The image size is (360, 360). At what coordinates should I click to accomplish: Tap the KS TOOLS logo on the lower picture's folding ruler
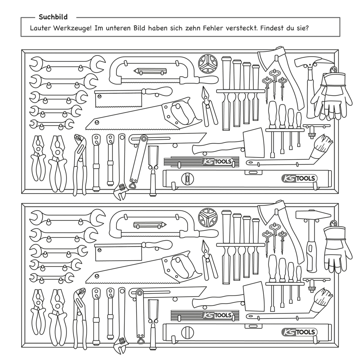[x=217, y=315]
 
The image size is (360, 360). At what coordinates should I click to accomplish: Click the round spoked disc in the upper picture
[x=208, y=64]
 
